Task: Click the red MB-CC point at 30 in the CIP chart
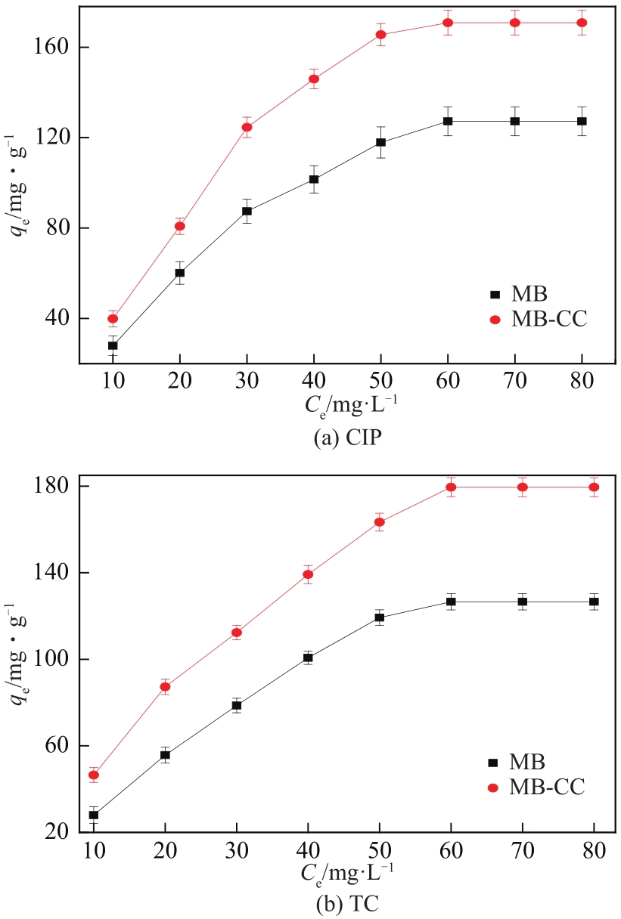tap(247, 127)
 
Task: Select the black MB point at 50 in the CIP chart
tap(380, 142)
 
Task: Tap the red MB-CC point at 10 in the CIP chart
tap(113, 319)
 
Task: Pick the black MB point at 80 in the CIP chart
tap(582, 121)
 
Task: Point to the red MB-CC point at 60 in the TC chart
tap(451, 487)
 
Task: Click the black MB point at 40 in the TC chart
tap(308, 658)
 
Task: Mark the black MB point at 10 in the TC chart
tap(94, 815)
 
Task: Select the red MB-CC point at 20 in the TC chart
tap(165, 687)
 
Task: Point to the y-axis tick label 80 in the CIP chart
tap(59, 228)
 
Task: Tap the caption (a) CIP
tap(346, 439)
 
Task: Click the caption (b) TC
tap(347, 904)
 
